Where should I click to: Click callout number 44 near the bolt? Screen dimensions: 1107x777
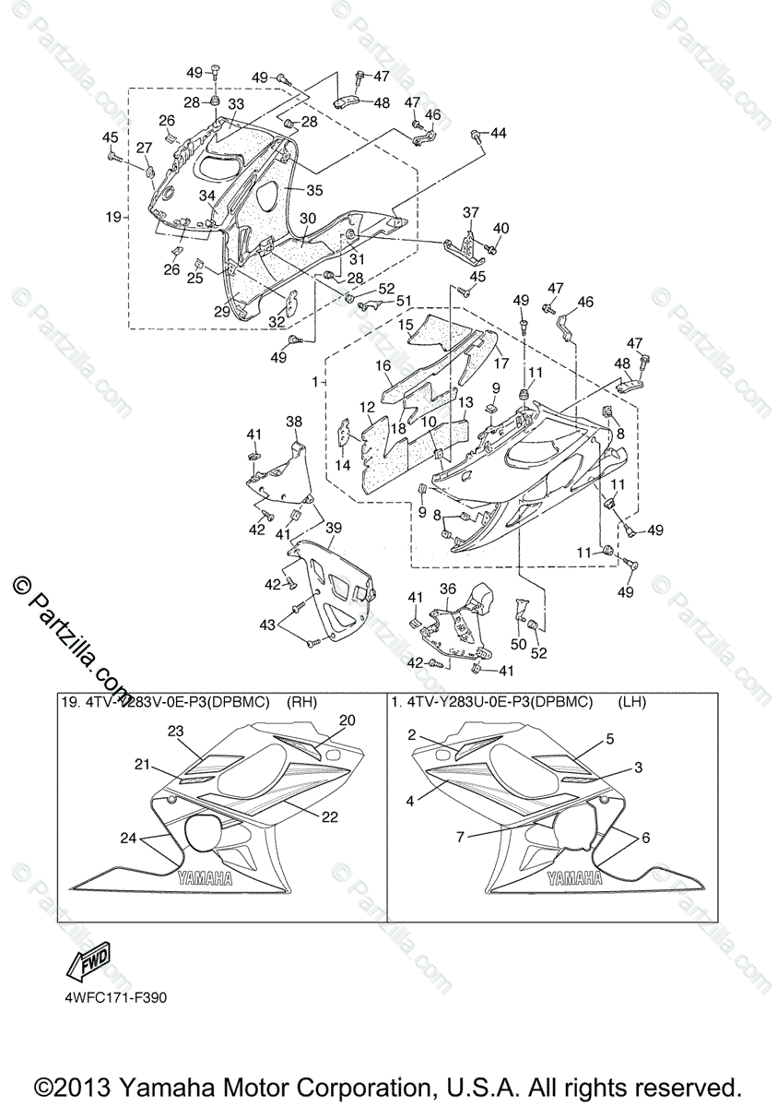pos(498,134)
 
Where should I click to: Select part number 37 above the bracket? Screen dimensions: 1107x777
pos(471,213)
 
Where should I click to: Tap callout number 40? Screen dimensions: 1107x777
pos(500,229)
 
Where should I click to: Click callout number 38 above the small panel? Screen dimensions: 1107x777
pos(293,422)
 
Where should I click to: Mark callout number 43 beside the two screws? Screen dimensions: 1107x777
pos(267,625)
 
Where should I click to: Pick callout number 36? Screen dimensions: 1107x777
pos(447,589)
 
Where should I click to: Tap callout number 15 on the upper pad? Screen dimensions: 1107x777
pos(406,325)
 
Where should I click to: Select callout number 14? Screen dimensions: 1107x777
pos(343,466)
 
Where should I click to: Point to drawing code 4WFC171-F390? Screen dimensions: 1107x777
pos(115,997)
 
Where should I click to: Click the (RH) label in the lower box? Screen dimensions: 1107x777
pos(302,702)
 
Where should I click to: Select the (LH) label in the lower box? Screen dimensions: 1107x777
pos(632,702)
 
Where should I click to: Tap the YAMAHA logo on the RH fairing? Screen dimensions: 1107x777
pos(205,879)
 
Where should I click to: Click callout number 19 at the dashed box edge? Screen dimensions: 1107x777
pos(113,218)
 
